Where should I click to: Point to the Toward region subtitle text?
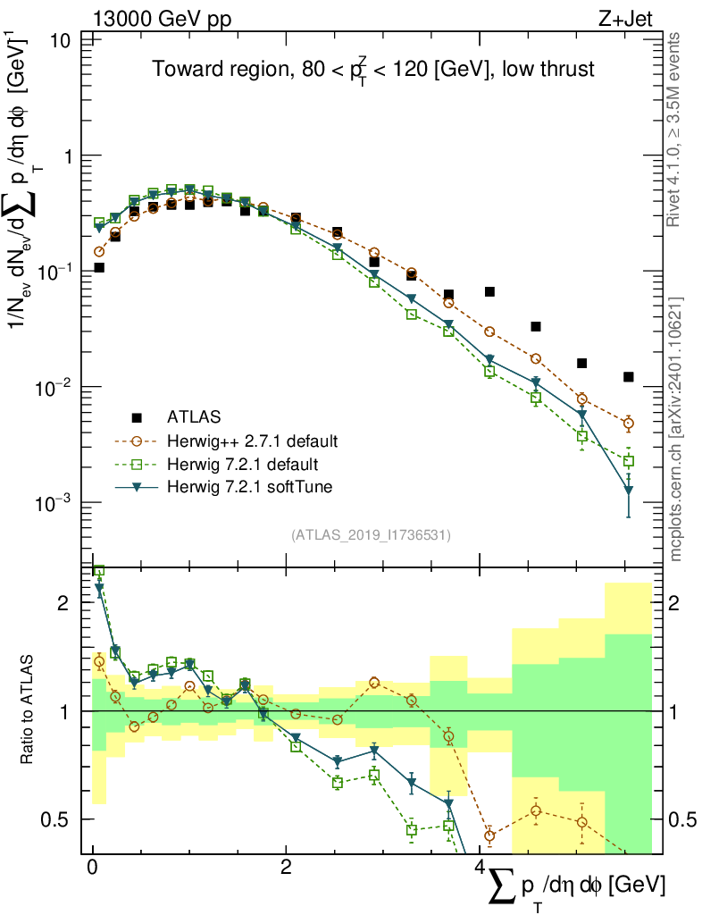373,71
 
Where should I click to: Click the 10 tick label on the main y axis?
62,41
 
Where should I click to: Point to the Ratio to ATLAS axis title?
29,710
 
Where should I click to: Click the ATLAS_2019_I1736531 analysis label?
371,535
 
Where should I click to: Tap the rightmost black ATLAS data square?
629,377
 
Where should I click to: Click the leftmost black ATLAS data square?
99,267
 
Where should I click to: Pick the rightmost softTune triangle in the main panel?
629,490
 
